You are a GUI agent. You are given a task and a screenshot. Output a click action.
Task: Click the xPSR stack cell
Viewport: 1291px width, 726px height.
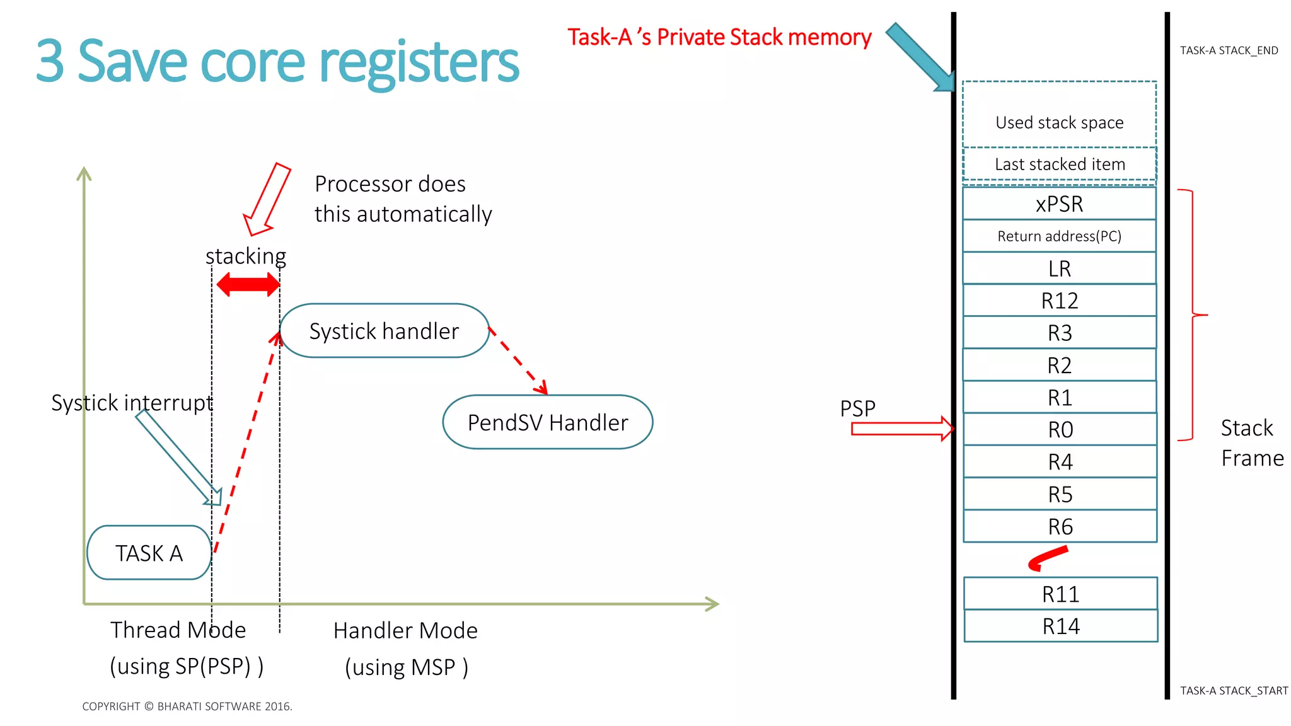coord(1059,204)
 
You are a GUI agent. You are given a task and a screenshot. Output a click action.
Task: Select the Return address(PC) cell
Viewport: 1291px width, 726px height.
coord(1059,236)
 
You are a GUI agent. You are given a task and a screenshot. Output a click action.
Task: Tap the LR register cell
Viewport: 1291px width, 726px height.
coord(1059,268)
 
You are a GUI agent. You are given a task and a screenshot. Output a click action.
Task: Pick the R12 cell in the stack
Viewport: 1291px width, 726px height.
coord(1059,301)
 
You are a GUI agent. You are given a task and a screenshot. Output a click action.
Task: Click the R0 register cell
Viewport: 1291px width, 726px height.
coord(1060,429)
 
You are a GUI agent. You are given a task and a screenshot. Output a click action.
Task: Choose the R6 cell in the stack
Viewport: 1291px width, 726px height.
coord(1060,526)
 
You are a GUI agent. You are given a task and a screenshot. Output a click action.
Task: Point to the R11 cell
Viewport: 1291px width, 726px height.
coord(1060,594)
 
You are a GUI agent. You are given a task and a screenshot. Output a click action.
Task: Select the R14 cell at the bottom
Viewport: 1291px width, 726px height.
coord(1060,626)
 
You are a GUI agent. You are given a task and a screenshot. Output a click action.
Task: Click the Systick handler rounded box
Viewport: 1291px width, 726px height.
coord(384,331)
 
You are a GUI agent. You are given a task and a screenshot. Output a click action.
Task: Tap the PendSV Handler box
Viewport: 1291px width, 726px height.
coord(547,422)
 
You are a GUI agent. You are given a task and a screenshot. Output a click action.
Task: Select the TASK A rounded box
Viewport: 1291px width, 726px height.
coord(149,553)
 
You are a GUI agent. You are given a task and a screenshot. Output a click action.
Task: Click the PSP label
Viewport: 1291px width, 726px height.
coord(857,408)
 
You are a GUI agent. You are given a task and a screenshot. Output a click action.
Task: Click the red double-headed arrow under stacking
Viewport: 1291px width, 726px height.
coord(248,285)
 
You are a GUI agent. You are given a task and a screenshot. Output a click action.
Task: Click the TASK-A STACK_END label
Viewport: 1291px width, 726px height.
coord(1229,50)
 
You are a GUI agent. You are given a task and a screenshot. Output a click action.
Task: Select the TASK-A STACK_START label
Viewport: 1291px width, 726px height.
coord(1234,691)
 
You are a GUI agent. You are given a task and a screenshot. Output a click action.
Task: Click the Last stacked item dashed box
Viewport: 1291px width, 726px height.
coord(1059,164)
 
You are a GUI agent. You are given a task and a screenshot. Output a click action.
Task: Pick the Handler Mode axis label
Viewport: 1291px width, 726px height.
coord(405,630)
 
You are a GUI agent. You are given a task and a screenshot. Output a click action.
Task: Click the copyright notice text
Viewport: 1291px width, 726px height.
coord(187,706)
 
